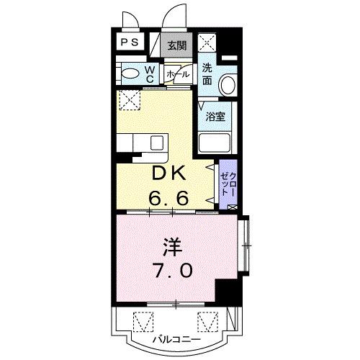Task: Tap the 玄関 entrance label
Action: [x=178, y=45]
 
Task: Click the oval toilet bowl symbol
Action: [x=130, y=73]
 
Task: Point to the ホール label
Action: [x=178, y=74]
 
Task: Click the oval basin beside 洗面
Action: [x=227, y=85]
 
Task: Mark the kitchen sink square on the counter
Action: [x=156, y=142]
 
